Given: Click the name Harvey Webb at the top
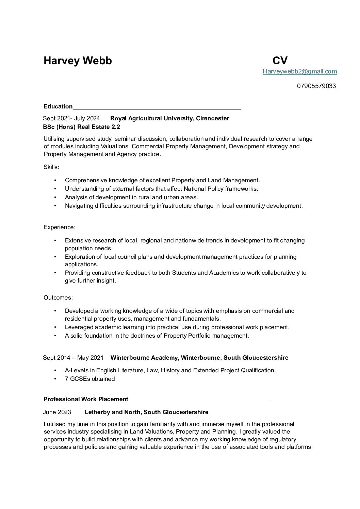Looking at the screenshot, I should pyautogui.click(x=78, y=61).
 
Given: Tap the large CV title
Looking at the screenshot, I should pyautogui.click(x=280, y=61).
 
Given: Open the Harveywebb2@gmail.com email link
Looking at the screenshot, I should pyautogui.click(x=299, y=71).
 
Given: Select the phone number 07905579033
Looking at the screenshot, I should pyautogui.click(x=316, y=86).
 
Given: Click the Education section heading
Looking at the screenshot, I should pyautogui.click(x=58, y=106).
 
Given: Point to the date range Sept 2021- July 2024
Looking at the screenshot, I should pyautogui.click(x=71, y=118).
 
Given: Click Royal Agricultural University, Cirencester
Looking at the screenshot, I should pyautogui.click(x=170, y=118).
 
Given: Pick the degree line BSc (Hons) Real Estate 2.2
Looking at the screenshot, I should pyautogui.click(x=82, y=127).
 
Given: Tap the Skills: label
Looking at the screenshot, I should pyautogui.click(x=51, y=167).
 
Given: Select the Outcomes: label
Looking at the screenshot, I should pyautogui.click(x=58, y=298).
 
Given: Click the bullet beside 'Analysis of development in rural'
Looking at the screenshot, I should pyautogui.click(x=55, y=198).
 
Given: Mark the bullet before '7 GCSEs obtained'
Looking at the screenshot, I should pyautogui.click(x=55, y=379).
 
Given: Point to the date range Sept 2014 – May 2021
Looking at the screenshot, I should pyautogui.click(x=73, y=358).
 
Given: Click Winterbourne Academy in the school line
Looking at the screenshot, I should pyautogui.click(x=144, y=358).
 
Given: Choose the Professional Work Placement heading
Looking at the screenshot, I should pyautogui.click(x=86, y=399).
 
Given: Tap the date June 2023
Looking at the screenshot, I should pyautogui.click(x=57, y=412).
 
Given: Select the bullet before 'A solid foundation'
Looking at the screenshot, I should pyautogui.click(x=55, y=336).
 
